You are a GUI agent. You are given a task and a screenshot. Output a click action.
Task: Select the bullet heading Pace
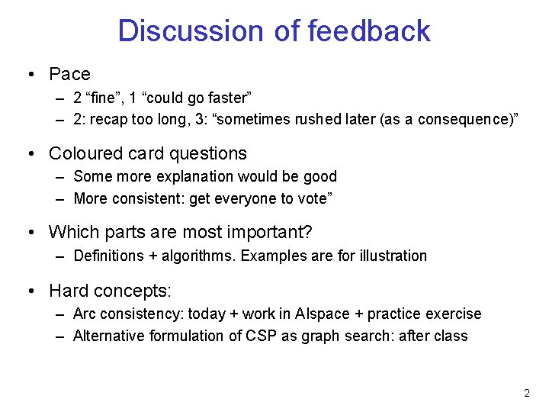coord(69,74)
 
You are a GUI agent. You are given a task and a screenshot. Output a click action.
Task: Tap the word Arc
coord(85,314)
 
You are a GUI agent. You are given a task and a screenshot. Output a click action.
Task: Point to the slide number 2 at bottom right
coord(526,394)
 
